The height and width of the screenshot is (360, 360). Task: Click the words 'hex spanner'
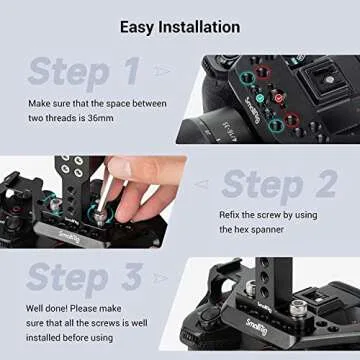(x=252, y=229)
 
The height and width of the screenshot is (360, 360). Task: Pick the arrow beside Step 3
(x=166, y=279)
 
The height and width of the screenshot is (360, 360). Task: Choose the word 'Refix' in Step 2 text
(x=232, y=215)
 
